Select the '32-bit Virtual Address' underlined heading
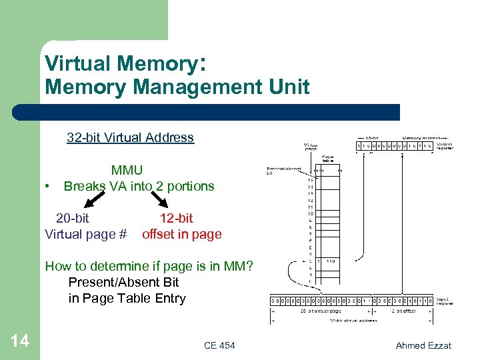coord(130,138)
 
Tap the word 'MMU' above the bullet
coord(127,171)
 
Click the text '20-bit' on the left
coord(72,218)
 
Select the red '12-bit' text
coord(176,218)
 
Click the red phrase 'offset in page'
coord(181,234)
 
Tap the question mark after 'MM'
coord(249,267)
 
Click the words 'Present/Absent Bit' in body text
coord(123,283)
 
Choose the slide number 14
coord(20,341)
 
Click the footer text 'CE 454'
coord(219,345)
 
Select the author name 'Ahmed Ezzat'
coord(423,345)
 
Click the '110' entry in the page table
coord(330,261)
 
